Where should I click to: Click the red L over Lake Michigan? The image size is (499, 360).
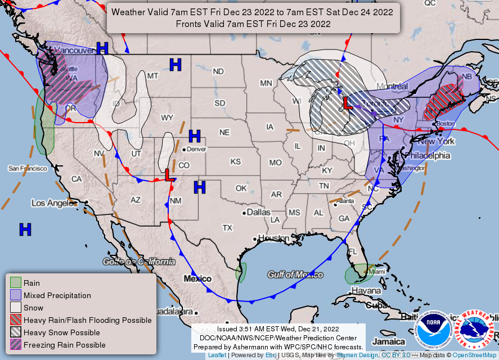click(348, 103)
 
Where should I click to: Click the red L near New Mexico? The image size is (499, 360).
click(168, 175)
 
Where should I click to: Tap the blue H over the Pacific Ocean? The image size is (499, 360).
click(25, 229)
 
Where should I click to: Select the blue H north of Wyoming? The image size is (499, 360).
click(176, 65)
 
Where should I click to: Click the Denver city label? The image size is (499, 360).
click(197, 149)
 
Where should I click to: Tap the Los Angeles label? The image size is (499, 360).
click(54, 203)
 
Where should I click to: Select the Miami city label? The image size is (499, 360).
click(377, 272)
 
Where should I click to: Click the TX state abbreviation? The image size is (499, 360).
click(227, 228)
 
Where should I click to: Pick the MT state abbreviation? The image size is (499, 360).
click(153, 75)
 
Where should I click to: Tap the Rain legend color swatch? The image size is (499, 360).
click(16, 283)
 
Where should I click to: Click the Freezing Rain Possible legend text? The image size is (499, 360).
click(64, 345)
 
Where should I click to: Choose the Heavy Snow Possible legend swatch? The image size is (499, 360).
click(16, 332)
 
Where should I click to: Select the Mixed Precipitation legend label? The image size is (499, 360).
click(57, 295)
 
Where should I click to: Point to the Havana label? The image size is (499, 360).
click(366, 290)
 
